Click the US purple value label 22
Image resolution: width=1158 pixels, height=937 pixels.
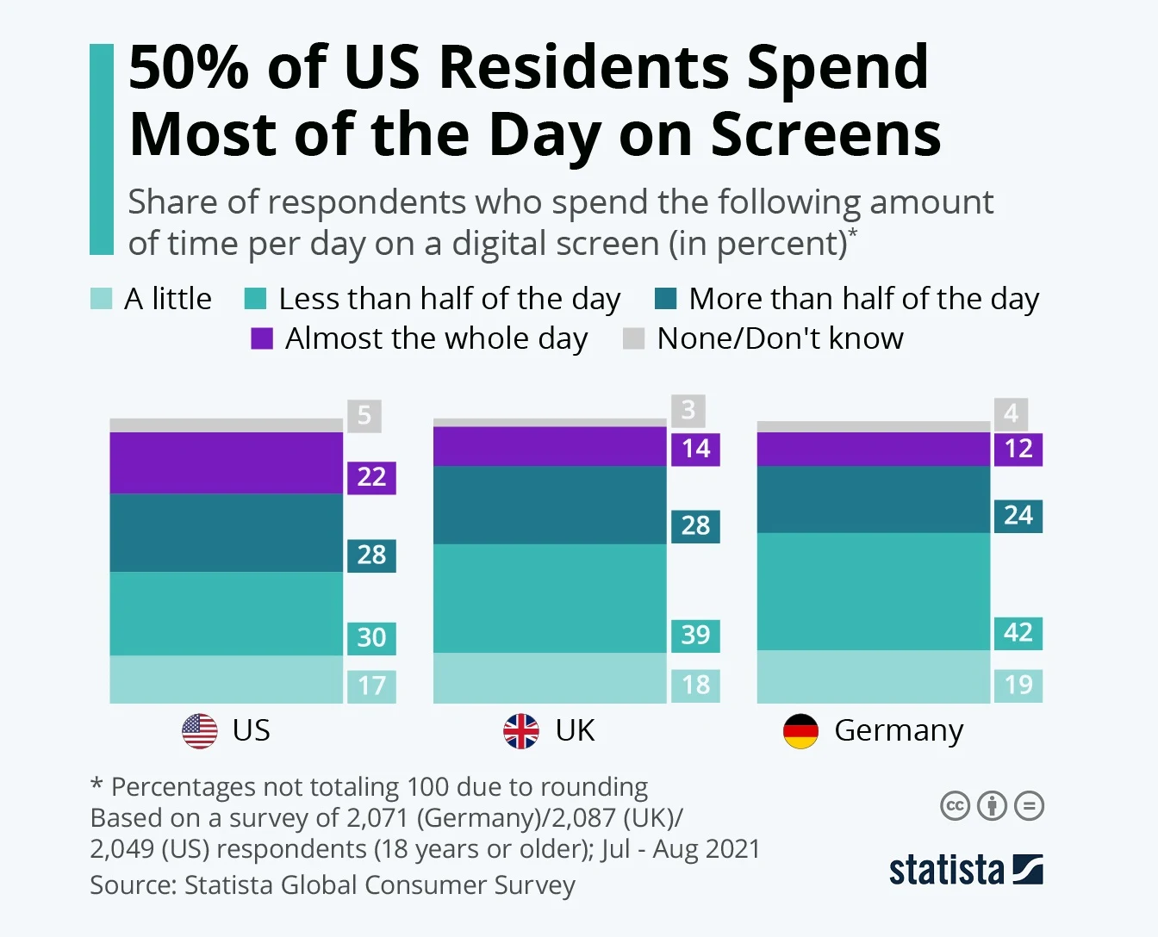(371, 477)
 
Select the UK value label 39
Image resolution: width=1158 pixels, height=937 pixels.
(695, 636)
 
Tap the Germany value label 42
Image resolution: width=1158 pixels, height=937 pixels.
(1018, 633)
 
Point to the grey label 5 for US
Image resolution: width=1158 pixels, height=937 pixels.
(364, 416)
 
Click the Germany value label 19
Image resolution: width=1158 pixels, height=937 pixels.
(1018, 686)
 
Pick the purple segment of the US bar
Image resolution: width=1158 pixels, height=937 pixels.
(226, 462)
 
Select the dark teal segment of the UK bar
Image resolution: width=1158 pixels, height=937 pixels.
(550, 505)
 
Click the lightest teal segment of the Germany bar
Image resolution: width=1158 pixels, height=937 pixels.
(873, 677)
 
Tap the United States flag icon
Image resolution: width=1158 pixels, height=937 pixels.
(200, 731)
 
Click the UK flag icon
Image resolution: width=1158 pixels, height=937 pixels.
(521, 731)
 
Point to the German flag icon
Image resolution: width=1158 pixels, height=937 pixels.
(800, 731)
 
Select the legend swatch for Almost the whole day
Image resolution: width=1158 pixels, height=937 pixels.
(262, 338)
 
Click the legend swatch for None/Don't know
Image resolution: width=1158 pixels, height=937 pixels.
(633, 338)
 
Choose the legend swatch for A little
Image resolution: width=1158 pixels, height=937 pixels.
(101, 299)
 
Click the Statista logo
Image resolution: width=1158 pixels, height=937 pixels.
(966, 870)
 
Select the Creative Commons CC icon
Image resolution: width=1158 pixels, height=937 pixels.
(955, 806)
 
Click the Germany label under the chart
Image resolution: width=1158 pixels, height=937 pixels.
(899, 731)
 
